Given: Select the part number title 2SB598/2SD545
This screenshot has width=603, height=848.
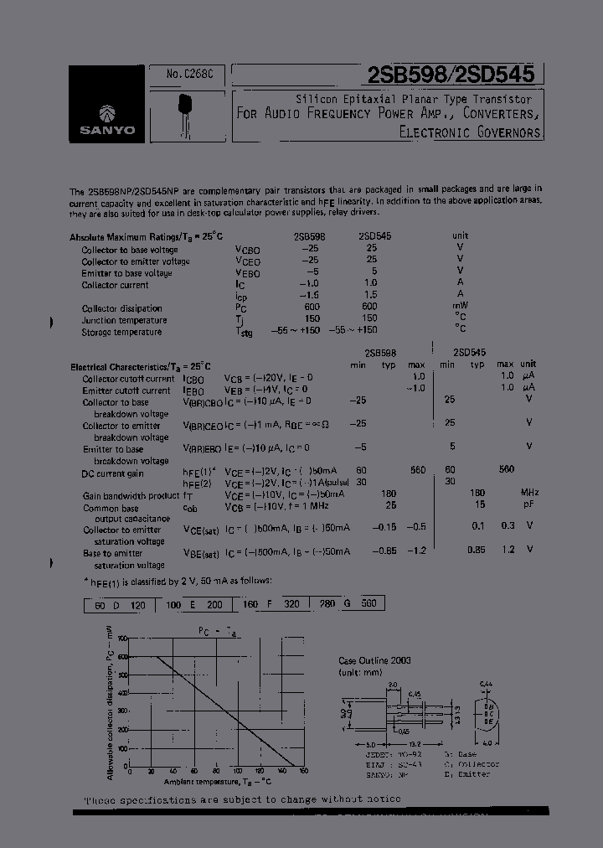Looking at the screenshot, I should pos(451,75).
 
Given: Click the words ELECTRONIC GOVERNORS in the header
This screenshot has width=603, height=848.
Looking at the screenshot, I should pos(470,132).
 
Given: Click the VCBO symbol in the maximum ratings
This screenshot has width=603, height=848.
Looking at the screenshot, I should pos(249,250).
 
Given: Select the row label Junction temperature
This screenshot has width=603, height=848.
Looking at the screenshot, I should pos(124,320).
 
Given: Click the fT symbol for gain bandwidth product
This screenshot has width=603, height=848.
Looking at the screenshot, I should pos(188,495).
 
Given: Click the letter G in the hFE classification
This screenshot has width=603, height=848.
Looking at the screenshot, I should pos(346,603).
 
